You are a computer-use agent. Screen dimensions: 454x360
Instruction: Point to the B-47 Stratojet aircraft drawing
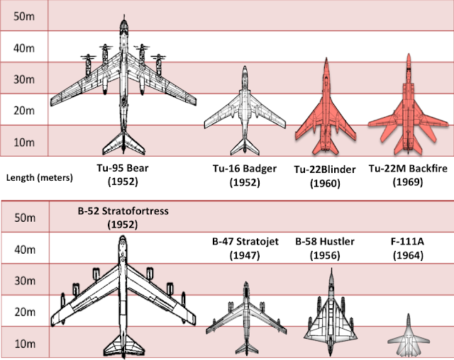(245, 312)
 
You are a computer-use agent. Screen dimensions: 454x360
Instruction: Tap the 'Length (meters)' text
(39, 177)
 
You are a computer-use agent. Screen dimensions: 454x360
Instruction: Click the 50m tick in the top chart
(24, 16)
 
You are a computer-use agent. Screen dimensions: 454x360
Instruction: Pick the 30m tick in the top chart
(24, 79)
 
